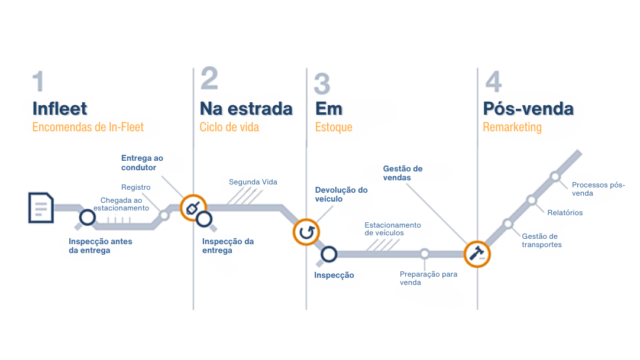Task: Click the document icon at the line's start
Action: pos(41,207)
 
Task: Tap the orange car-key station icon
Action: pos(193,207)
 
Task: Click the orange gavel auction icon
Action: pos(477,254)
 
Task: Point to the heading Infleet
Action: pos(60,109)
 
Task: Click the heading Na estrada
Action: pos(246,109)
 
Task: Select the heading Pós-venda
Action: pos(528,109)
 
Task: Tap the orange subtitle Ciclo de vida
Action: pos(230,127)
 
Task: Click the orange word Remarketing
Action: pos(512,127)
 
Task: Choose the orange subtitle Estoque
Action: pos(334,127)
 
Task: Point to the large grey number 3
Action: pos(322,84)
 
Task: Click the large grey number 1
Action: pos(38,82)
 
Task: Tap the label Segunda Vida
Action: pos(253,182)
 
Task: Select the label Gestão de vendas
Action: pos(403,173)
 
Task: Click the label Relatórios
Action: pos(565,213)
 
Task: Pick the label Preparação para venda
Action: pos(428,278)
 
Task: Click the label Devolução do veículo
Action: pos(341,194)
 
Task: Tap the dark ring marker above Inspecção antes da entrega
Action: pos(88,218)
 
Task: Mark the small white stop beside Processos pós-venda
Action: pos(555,176)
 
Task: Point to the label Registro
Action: pos(136,187)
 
